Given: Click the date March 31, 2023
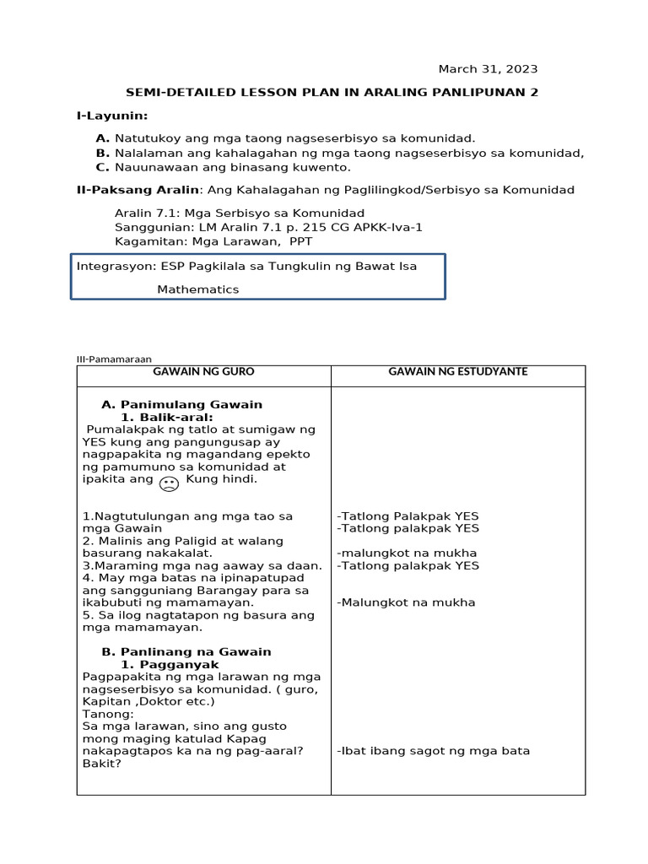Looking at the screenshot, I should click(x=487, y=69).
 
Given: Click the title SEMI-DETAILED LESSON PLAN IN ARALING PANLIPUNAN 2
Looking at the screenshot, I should click(x=332, y=93).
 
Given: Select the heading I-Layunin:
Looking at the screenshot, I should click(x=112, y=116).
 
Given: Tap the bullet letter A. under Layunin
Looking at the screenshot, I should click(x=103, y=138).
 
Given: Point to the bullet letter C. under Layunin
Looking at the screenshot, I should click(x=103, y=168).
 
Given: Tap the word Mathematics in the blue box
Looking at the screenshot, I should click(x=197, y=289).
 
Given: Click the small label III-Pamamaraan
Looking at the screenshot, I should click(x=114, y=359).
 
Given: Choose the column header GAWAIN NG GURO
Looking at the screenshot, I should click(x=203, y=371).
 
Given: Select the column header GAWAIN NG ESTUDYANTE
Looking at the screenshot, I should click(x=457, y=371).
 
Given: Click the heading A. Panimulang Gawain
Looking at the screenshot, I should click(x=181, y=405).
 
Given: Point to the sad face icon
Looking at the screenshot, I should click(x=169, y=483).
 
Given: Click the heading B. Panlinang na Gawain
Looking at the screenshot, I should click(x=186, y=651).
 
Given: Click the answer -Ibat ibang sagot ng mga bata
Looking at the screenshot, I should click(x=433, y=751).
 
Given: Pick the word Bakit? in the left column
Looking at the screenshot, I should click(x=101, y=764).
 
